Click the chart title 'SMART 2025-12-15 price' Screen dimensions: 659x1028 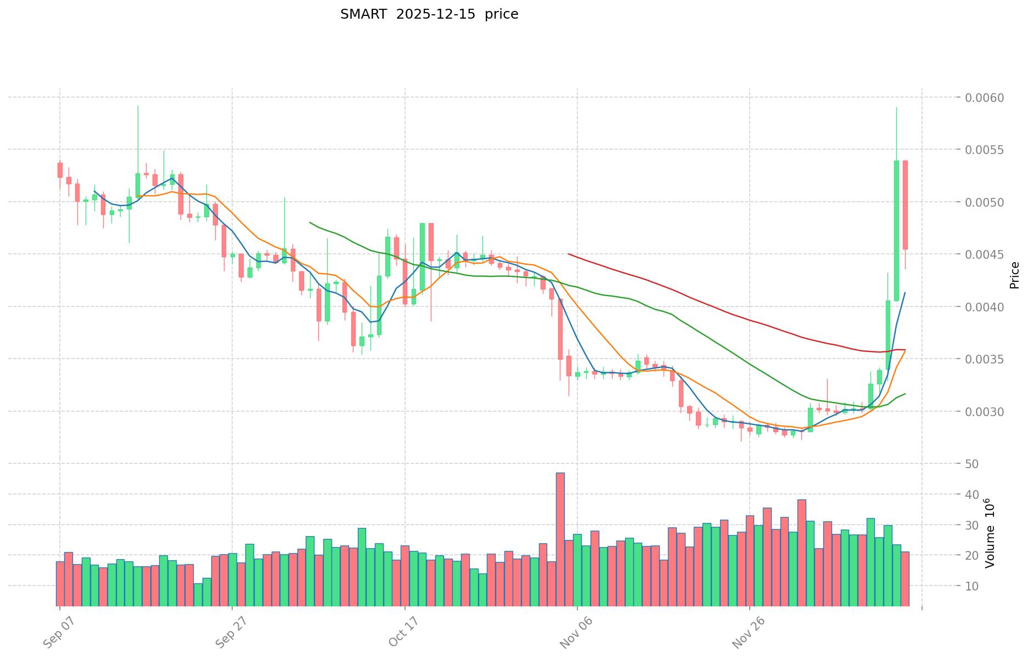(x=429, y=14)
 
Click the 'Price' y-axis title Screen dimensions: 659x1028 (x=1014, y=275)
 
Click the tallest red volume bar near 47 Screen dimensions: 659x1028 (x=560, y=539)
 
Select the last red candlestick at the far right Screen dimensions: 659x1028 (x=905, y=205)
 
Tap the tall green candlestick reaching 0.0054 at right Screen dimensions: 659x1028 (x=896, y=230)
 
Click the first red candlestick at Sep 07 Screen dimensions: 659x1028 (x=60, y=170)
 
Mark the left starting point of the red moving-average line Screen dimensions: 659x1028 (x=569, y=254)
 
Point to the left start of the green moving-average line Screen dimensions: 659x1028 (x=310, y=222)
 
